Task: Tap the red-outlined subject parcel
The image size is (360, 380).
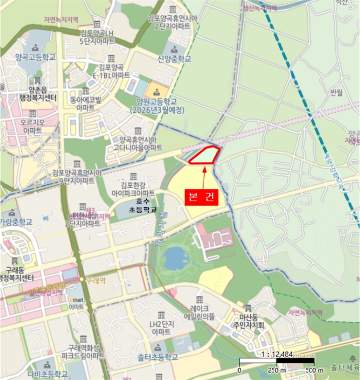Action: pyautogui.click(x=205, y=155)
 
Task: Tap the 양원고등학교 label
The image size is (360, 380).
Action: pyautogui.click(x=160, y=105)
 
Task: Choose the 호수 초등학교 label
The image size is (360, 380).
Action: pyautogui.click(x=142, y=205)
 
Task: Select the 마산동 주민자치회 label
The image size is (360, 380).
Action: pyautogui.click(x=247, y=320)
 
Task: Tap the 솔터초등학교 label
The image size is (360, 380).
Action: pyautogui.click(x=157, y=357)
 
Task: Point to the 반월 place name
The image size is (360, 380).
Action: pyautogui.click(x=336, y=92)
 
